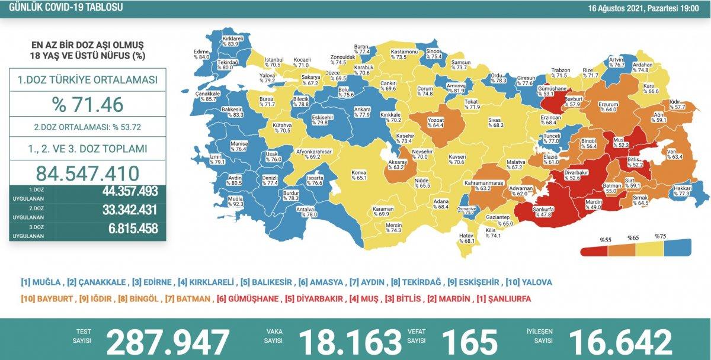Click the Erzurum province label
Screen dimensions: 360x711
tap(607, 106)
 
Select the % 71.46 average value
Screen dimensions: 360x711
tap(87, 105)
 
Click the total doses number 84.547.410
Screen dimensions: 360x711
tap(87, 173)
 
